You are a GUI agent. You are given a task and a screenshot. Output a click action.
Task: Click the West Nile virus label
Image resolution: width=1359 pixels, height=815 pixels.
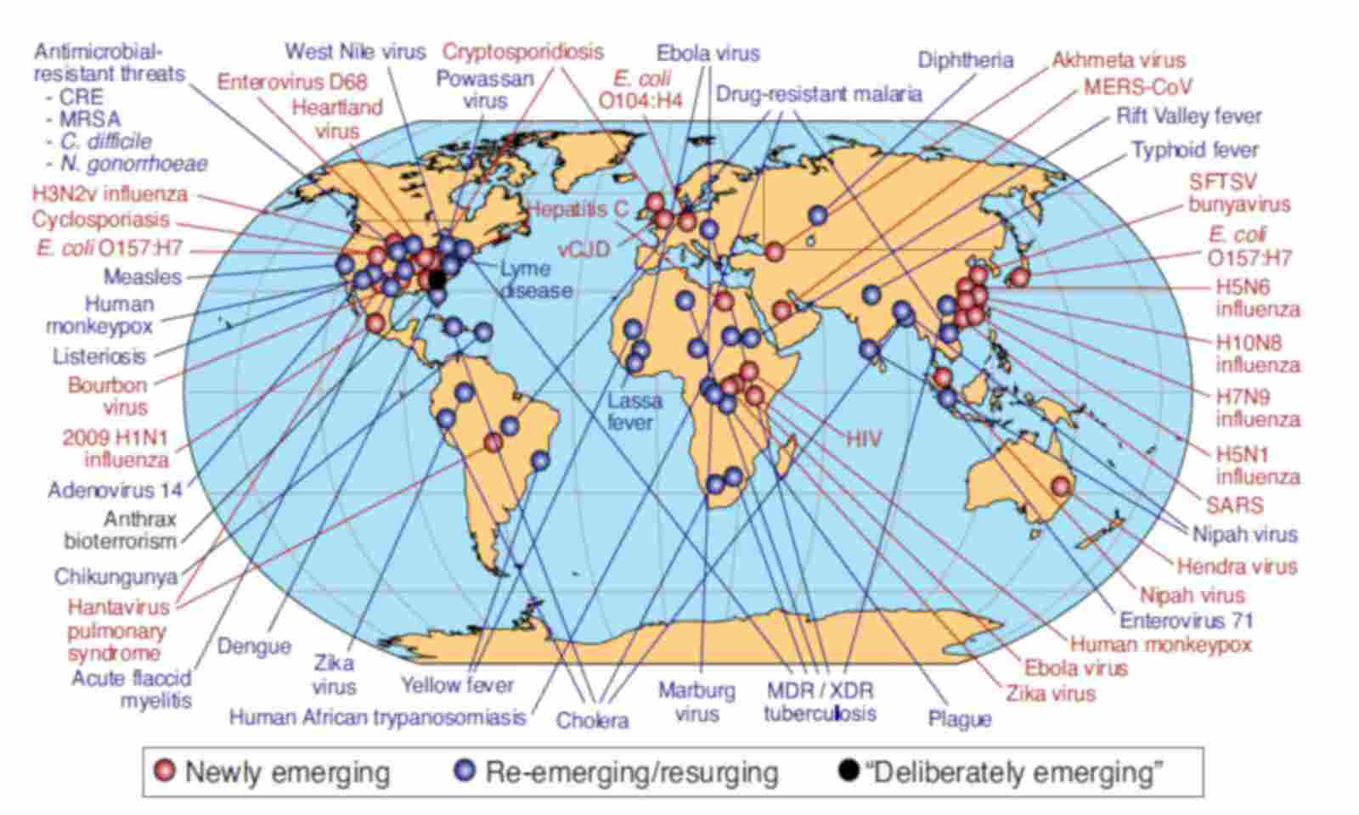tap(355, 51)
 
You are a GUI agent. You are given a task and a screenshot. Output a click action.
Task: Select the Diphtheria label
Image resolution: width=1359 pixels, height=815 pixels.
tap(965, 60)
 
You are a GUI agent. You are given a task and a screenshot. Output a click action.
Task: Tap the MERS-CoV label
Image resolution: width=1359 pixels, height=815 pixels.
tap(1137, 87)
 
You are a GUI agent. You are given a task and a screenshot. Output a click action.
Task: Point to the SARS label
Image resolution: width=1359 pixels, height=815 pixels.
tap(1234, 505)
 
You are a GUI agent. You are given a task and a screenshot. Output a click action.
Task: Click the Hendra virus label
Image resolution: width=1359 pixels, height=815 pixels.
tap(1237, 566)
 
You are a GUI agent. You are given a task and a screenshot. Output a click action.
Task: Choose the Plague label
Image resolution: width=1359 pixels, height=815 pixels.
tap(960, 719)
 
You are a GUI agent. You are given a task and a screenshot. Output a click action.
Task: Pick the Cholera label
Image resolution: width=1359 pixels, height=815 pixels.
tap(592, 721)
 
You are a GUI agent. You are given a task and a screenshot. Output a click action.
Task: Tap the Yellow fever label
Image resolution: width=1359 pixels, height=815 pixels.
tap(457, 684)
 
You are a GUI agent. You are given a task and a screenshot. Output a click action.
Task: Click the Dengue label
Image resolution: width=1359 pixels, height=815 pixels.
tap(254, 647)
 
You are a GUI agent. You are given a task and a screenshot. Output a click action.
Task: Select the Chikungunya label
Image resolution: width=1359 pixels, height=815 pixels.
tap(116, 577)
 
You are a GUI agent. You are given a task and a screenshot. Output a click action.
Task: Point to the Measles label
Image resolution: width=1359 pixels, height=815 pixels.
tap(143, 277)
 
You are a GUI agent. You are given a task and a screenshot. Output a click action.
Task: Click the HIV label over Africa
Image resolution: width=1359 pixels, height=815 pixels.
tap(863, 439)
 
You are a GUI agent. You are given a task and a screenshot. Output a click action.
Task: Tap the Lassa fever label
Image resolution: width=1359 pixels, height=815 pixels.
tap(634, 411)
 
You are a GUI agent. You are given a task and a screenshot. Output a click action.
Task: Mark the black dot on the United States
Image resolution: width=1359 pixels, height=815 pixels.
tap(437, 278)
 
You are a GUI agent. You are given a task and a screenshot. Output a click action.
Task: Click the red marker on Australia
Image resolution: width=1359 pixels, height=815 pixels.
tap(1060, 486)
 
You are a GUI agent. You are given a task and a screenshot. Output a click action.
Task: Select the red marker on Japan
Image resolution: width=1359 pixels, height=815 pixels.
tap(1019, 277)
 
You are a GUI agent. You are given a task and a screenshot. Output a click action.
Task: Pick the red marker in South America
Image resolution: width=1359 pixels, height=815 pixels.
tap(493, 441)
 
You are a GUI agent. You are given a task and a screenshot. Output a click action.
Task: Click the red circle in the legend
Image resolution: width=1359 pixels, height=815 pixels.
tap(165, 771)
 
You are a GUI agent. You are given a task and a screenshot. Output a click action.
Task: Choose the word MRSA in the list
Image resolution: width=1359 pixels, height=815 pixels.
tap(89, 119)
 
